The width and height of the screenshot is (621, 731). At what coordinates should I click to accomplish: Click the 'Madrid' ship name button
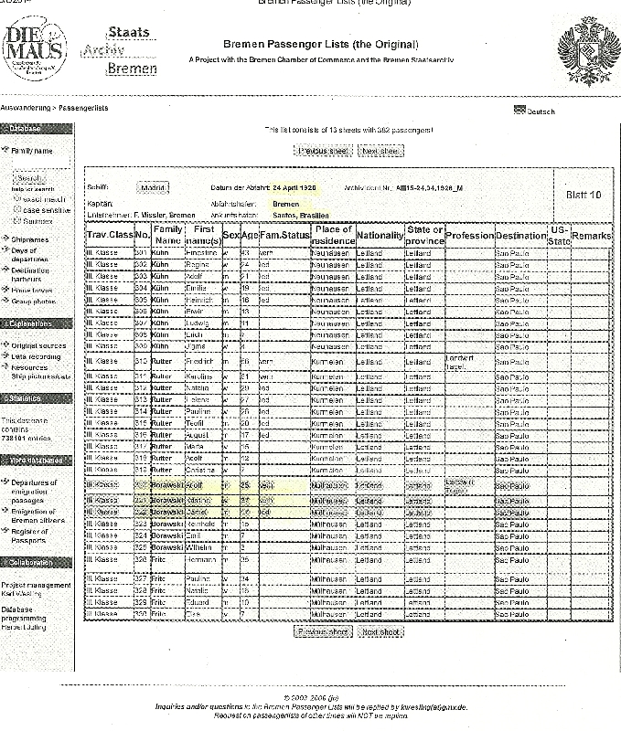click(x=154, y=187)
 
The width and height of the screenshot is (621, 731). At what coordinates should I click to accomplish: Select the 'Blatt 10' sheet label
click(x=584, y=195)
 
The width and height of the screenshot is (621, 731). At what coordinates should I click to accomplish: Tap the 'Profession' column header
click(x=469, y=236)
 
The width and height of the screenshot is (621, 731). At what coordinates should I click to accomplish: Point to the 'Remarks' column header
click(x=591, y=236)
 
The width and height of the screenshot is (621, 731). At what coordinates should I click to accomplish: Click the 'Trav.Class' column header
click(x=109, y=236)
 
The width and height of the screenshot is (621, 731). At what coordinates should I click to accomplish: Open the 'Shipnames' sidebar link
click(x=30, y=238)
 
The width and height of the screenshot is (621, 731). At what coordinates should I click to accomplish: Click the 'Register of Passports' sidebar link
click(x=32, y=535)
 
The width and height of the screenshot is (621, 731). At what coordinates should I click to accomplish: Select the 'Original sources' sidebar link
click(x=38, y=345)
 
